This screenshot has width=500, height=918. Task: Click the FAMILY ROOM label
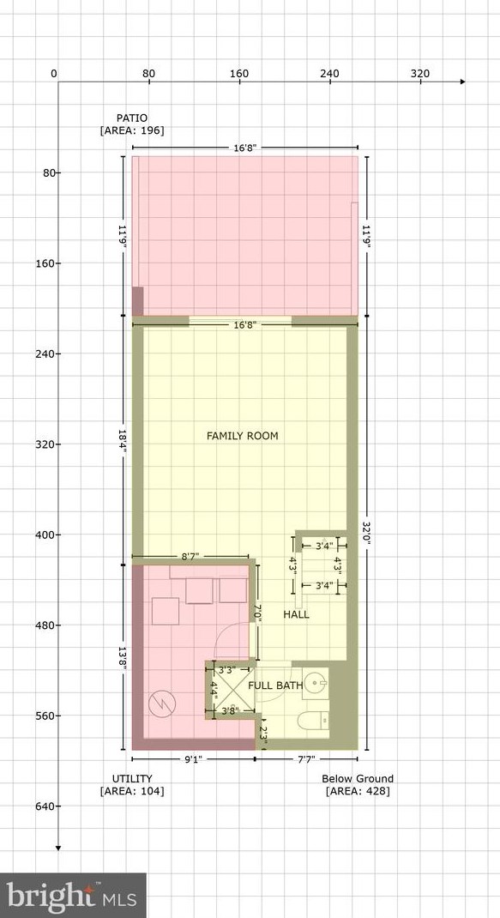pyautogui.click(x=242, y=436)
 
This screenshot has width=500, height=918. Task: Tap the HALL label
pyautogui.click(x=296, y=614)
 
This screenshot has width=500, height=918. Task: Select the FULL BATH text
pyautogui.click(x=275, y=685)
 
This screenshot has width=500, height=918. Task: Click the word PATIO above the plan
pyautogui.click(x=132, y=118)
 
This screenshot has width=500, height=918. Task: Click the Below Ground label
pyautogui.click(x=358, y=779)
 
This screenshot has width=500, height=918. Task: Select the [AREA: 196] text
pyautogui.click(x=132, y=130)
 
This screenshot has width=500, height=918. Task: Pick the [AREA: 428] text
pyautogui.click(x=358, y=791)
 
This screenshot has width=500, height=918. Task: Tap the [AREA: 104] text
pyautogui.click(x=132, y=791)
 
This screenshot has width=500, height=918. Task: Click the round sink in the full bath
pyautogui.click(x=317, y=685)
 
